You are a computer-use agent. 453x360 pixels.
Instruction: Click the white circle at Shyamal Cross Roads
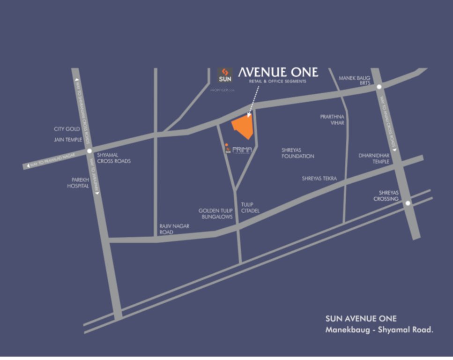pyautogui.click(x=89, y=151)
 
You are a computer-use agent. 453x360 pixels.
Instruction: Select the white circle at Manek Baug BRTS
pyautogui.click(x=379, y=87)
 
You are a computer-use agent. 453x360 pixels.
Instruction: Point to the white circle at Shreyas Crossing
pyautogui.click(x=408, y=203)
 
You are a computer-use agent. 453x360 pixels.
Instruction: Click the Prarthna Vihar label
pyautogui.click(x=332, y=120)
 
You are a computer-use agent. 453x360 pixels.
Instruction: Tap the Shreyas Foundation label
pyautogui.click(x=297, y=153)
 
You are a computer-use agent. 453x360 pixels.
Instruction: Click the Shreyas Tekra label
pyautogui.click(x=319, y=178)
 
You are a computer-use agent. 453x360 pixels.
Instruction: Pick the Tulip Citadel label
pyautogui.click(x=250, y=208)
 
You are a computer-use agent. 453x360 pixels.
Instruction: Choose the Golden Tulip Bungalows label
pyautogui.click(x=215, y=214)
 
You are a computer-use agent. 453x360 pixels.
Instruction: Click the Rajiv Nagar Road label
pyautogui.click(x=174, y=229)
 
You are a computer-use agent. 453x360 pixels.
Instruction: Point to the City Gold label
pyautogui.click(x=67, y=129)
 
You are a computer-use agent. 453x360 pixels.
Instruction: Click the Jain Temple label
pyautogui.click(x=68, y=140)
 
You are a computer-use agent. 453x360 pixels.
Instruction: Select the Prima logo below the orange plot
pyautogui.click(x=239, y=150)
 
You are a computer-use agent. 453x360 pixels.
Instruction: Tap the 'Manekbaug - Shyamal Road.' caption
pyautogui.click(x=379, y=330)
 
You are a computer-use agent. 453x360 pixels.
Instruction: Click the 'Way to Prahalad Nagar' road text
pyautogui.click(x=52, y=160)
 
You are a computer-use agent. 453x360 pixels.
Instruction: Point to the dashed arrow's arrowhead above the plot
pyautogui.click(x=249, y=113)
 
